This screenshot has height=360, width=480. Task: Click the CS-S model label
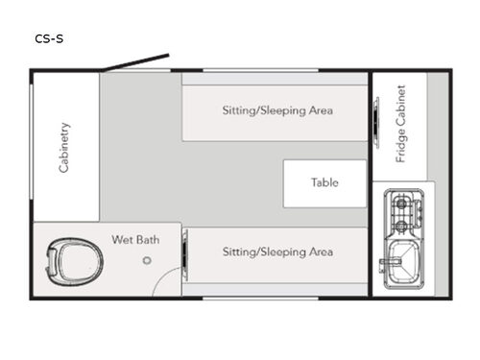[x=50, y=38]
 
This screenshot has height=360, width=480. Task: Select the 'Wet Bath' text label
[x=135, y=239]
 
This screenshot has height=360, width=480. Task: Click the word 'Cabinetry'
[x=64, y=147]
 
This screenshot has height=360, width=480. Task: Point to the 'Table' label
[x=324, y=182]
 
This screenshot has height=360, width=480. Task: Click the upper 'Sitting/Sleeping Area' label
[x=277, y=110]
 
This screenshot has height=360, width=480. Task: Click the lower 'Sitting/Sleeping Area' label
[x=277, y=252]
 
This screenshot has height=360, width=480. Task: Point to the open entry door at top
[x=137, y=61]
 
